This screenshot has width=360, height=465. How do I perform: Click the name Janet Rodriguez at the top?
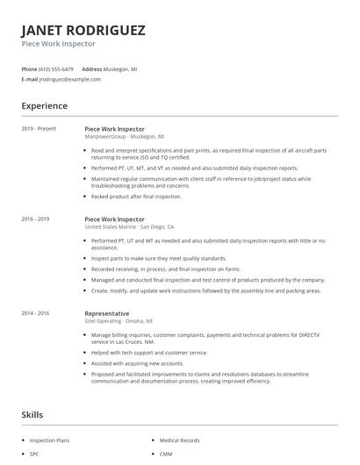coord(83,30)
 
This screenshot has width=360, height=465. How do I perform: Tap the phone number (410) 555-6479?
coord(56,68)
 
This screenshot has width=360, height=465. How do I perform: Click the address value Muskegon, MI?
coord(121,68)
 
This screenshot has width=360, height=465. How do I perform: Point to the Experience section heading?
coord(44,106)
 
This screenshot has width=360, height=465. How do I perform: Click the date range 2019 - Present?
coord(39,128)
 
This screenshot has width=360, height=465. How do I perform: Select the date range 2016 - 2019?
coord(35,218)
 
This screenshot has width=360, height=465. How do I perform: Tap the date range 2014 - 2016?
coord(35,313)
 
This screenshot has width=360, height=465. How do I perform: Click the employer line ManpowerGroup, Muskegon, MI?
coord(124,137)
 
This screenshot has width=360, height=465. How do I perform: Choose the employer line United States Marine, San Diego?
coord(134,226)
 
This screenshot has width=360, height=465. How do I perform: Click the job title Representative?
coord(106,313)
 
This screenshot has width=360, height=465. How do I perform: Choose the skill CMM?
coord(166,454)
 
